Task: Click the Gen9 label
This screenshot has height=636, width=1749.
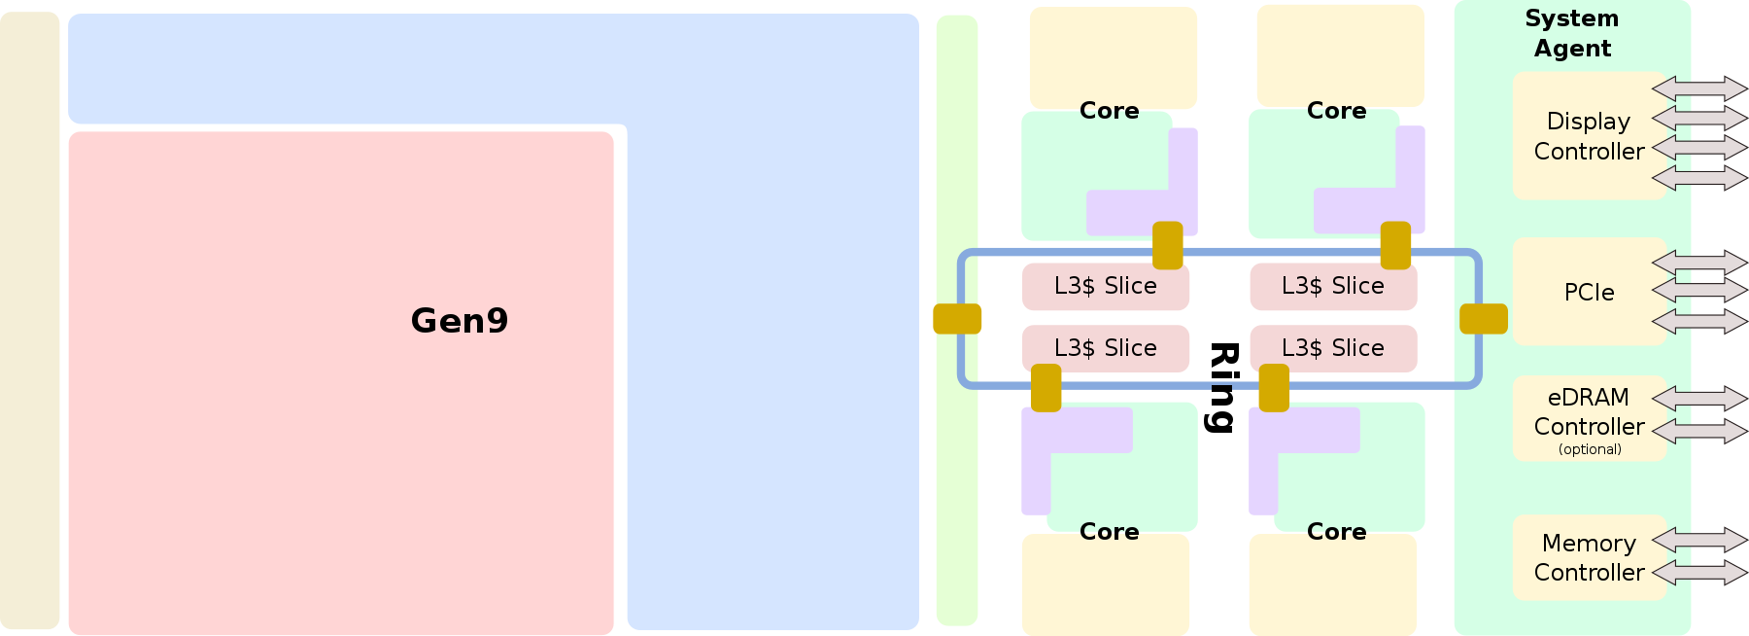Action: pos(459,321)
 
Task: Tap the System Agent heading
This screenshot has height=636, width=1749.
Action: pos(1571,33)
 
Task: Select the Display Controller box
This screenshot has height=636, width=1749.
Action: pos(1589,136)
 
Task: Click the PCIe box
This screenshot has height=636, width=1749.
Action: pos(1589,292)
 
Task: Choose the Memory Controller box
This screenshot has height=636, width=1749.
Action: pos(1589,557)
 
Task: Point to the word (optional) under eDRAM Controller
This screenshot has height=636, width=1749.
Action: pos(1590,449)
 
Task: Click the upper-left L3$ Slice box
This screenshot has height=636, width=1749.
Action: pos(1105,286)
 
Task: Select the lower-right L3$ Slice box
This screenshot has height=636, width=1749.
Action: pos(1332,348)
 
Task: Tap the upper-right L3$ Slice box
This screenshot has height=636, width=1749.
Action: pos(1332,286)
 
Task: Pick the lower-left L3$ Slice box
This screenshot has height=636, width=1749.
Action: pos(1105,348)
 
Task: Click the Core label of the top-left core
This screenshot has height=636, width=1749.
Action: pos(1109,111)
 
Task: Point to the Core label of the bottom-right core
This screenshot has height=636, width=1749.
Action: pos(1336,532)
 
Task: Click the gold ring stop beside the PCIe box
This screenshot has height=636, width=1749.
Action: pos(1484,319)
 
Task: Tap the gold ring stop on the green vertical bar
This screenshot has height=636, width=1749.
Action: pos(957,319)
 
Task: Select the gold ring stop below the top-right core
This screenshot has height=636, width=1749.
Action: pos(1395,245)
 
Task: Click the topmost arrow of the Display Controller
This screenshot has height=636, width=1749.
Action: pos(1699,88)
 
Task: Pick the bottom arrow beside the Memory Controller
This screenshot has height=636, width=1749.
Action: pos(1699,573)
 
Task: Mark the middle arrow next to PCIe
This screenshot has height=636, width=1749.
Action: pos(1699,290)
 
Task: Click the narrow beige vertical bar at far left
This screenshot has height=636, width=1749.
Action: pos(29,321)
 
